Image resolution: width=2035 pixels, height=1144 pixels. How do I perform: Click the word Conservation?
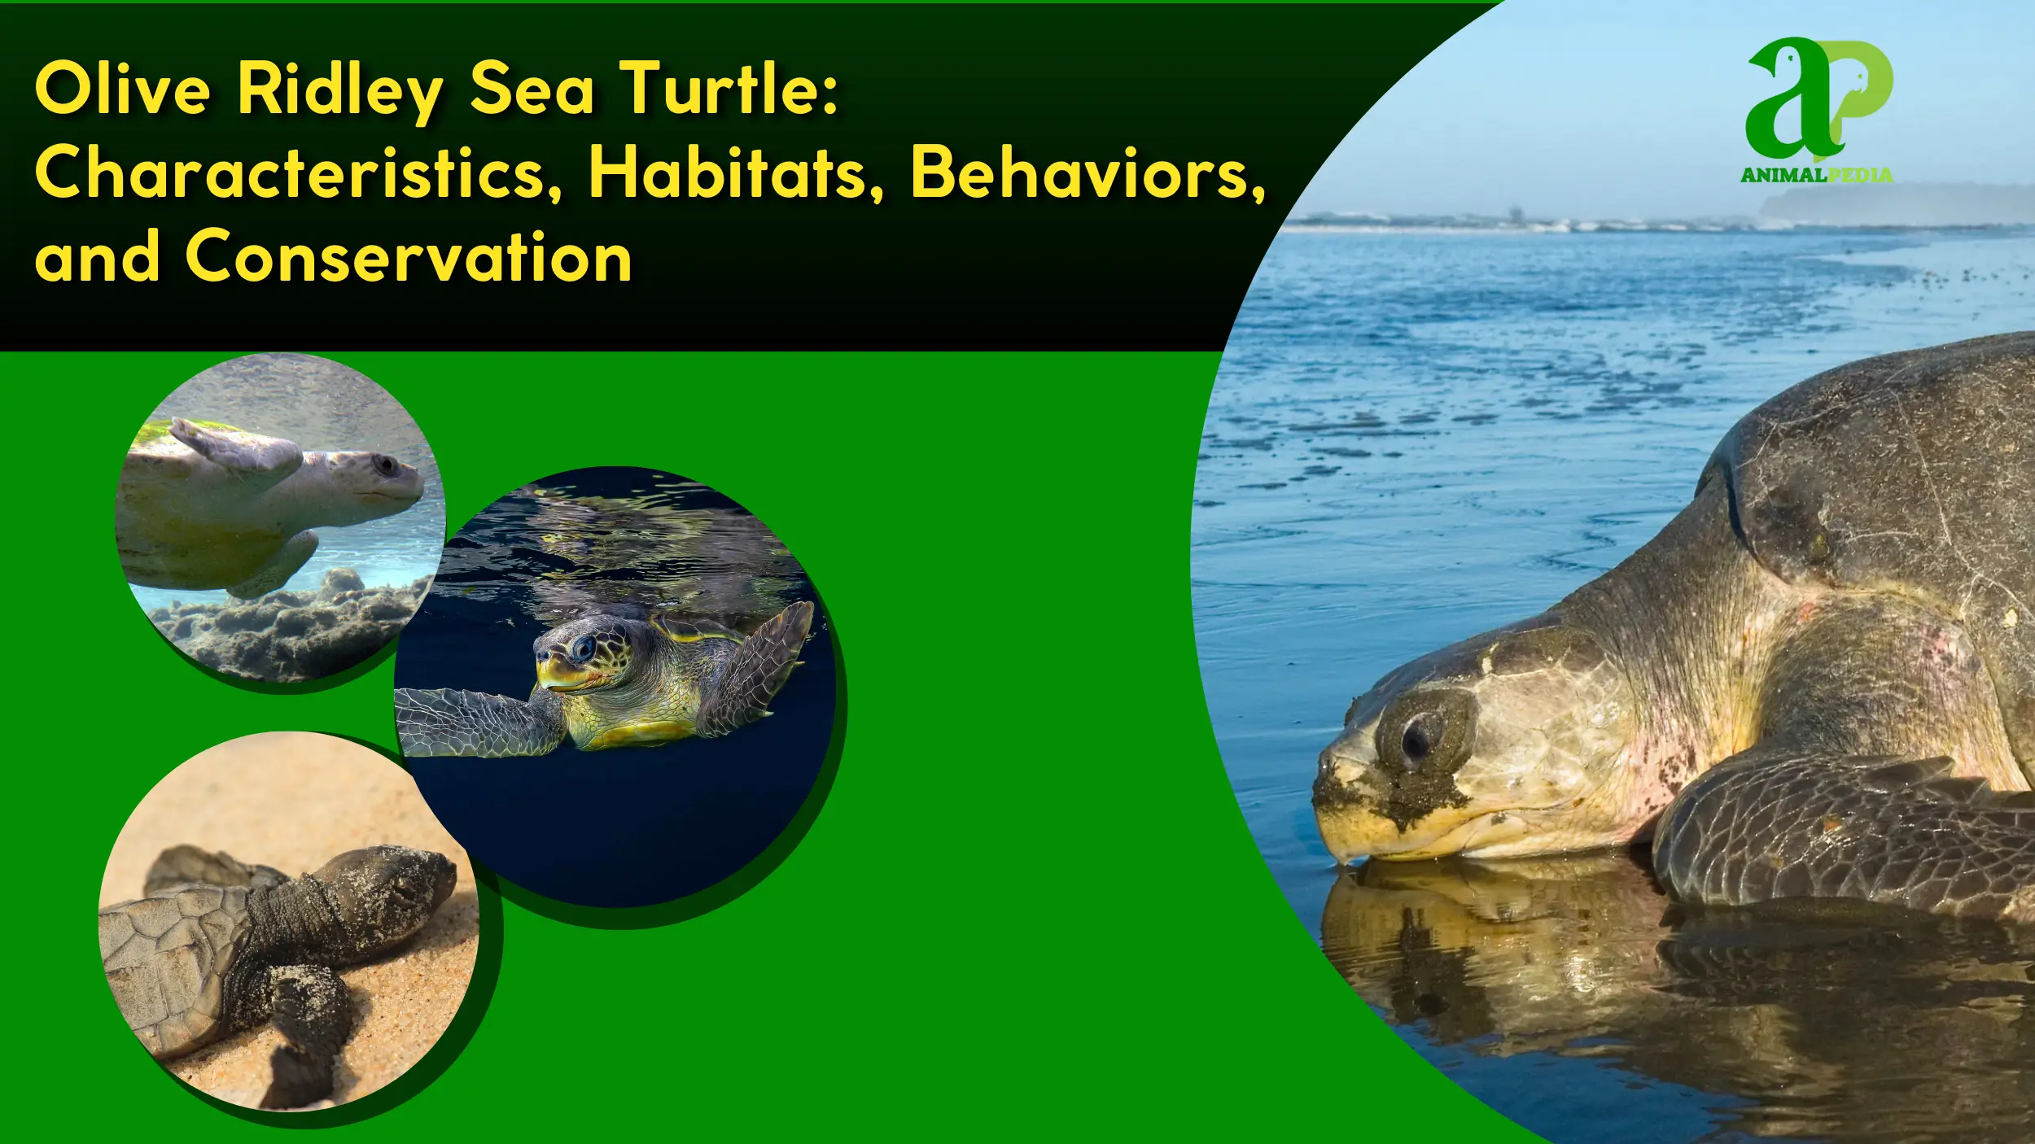click(x=409, y=257)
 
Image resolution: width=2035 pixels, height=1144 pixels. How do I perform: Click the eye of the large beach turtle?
click(x=1417, y=737)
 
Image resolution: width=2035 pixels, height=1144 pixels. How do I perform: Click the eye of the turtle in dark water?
click(x=584, y=648)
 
